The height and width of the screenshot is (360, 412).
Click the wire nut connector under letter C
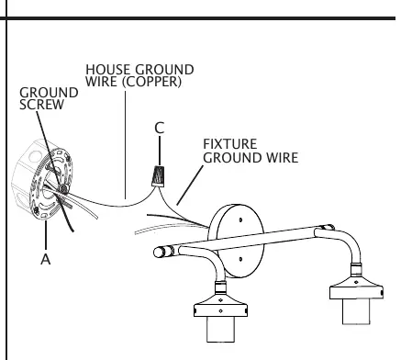159,176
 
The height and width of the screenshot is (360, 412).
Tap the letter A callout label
46,259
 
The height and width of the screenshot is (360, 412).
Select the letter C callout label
160,128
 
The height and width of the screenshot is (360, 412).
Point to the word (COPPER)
153,82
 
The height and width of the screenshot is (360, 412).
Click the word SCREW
41,105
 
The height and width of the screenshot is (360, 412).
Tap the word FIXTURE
230,144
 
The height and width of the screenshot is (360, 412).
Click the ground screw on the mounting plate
63,189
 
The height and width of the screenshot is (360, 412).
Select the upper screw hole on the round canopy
240,219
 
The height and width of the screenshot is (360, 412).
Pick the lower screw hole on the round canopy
240,259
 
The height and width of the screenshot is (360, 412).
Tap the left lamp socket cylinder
220,329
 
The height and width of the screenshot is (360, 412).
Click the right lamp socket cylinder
356,311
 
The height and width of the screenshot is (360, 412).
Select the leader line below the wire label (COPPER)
125,144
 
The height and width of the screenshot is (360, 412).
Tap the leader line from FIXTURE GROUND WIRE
190,186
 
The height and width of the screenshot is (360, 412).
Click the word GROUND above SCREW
49,93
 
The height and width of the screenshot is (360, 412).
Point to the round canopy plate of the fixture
236,241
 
